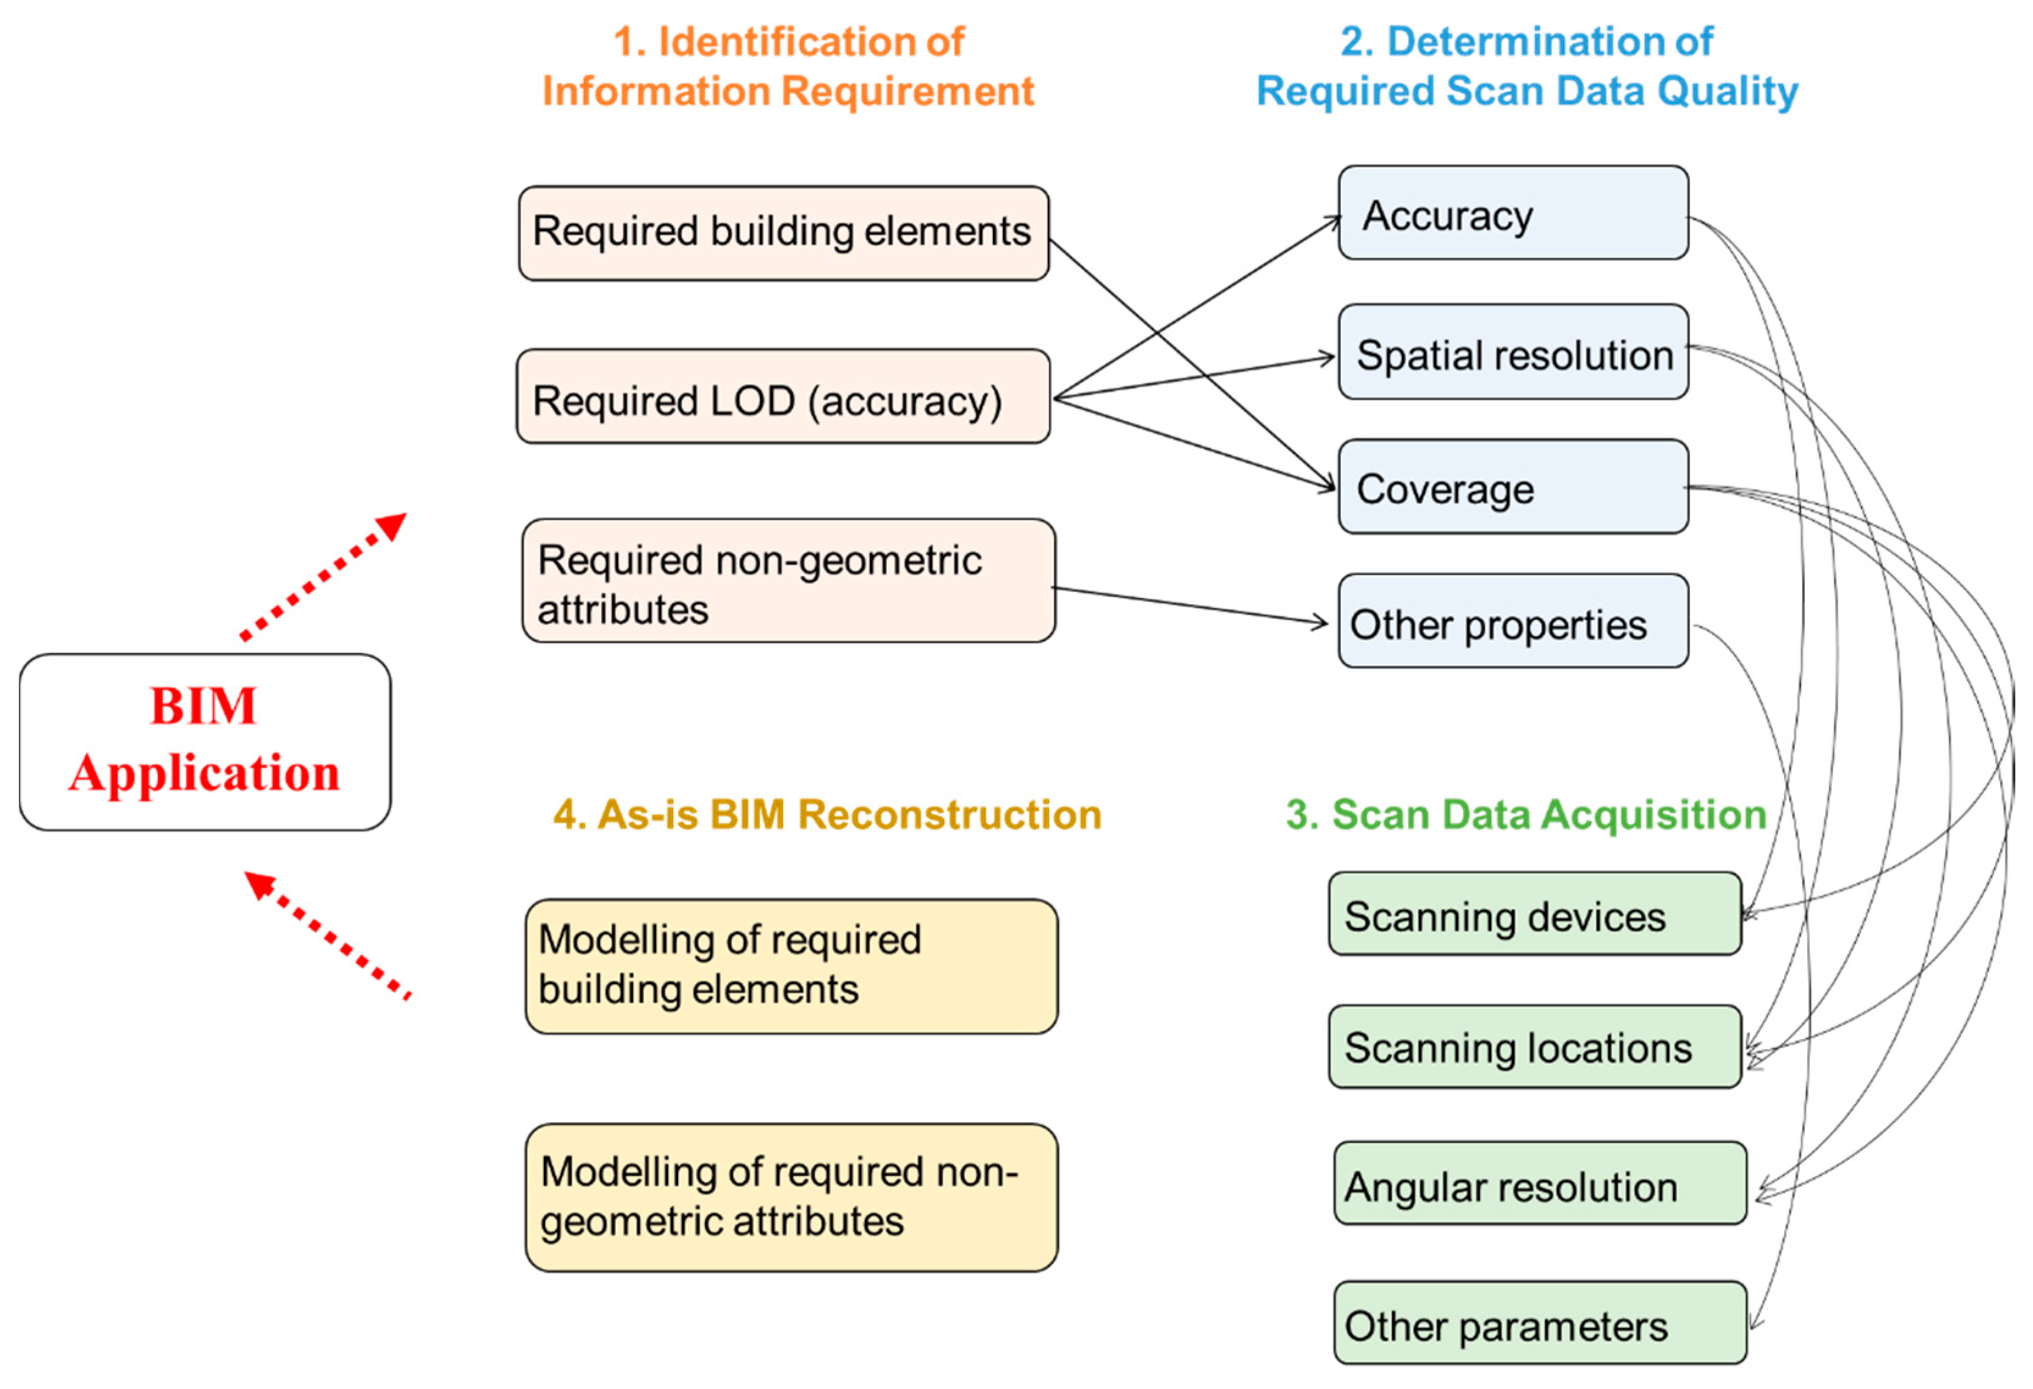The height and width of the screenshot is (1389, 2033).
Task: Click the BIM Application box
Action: click(204, 741)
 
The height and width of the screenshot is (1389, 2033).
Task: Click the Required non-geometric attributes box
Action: click(788, 581)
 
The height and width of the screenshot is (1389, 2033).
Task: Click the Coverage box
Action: click(1512, 487)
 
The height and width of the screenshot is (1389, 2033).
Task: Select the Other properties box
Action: click(1512, 622)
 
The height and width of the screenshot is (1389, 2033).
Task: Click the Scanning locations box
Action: click(1534, 1047)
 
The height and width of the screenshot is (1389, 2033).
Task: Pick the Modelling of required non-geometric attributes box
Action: click(791, 1197)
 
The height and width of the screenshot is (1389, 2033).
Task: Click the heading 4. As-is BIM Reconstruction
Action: click(826, 814)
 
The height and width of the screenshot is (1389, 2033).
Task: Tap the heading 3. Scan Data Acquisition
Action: click(1526, 814)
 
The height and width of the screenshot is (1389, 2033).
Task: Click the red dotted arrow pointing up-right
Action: click(323, 577)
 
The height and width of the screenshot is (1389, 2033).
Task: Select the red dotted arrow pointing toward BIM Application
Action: click(328, 935)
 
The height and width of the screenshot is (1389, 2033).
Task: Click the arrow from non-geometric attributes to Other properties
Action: click(1190, 605)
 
